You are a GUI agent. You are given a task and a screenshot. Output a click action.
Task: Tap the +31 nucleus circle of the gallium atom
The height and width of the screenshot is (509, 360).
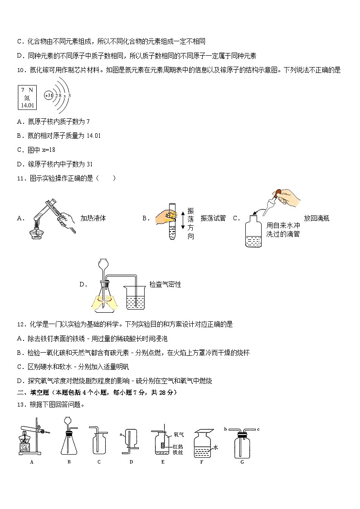click(49, 96)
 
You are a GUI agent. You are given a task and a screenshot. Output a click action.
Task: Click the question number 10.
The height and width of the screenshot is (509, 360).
click(20, 70)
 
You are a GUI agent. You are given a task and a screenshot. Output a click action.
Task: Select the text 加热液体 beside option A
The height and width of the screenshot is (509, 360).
click(93, 218)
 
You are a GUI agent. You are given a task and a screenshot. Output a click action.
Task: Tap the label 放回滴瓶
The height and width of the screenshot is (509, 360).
click(316, 218)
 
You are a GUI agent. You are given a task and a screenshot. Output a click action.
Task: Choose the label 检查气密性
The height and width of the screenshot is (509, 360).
click(165, 284)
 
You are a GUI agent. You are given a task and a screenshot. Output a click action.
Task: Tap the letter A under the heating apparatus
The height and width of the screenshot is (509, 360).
click(32, 462)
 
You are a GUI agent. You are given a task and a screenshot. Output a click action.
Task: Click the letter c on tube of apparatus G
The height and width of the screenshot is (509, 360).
click(258, 429)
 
